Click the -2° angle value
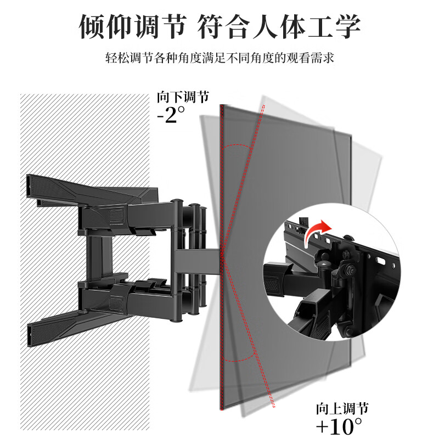(x=171, y=115)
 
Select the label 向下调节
(x=183, y=98)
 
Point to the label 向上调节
(x=341, y=408)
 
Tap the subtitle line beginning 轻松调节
(x=219, y=58)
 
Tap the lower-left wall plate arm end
(x=33, y=331)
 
